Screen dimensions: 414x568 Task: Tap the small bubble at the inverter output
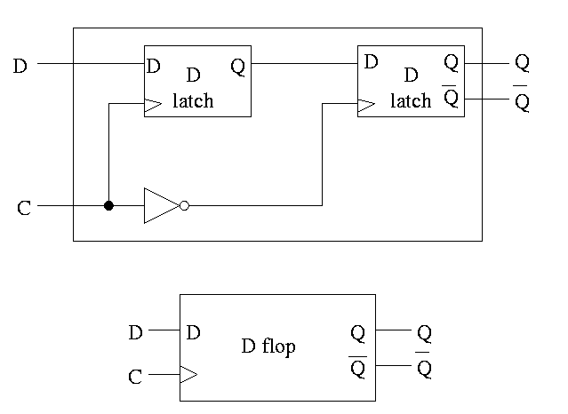[184, 205]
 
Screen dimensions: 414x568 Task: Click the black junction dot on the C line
[108, 205]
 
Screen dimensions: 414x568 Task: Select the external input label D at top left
[20, 65]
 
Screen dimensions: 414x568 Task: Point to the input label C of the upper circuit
[24, 210]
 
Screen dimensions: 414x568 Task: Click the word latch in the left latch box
[193, 100]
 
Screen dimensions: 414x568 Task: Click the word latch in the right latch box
[411, 100]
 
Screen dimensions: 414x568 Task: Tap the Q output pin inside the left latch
[238, 66]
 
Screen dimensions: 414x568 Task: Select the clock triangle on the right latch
[365, 105]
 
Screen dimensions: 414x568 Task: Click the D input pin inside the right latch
[372, 63]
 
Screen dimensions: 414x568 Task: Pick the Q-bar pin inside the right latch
[451, 98]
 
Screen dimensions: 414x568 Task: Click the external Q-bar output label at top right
[522, 100]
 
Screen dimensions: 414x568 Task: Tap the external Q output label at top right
[522, 64]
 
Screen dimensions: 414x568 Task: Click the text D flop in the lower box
[268, 346]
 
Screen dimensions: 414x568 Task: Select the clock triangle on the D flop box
[188, 375]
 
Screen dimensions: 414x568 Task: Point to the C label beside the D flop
[135, 377]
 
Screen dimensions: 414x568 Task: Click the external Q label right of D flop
[425, 333]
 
